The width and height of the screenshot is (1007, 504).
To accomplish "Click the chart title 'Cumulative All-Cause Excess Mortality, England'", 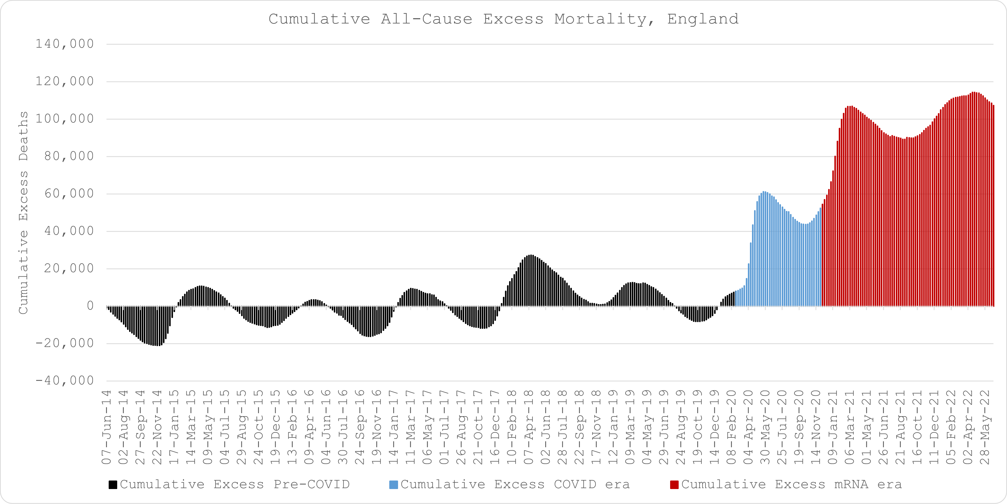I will click(503, 19).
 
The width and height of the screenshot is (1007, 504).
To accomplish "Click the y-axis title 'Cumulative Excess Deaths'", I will click(23, 213).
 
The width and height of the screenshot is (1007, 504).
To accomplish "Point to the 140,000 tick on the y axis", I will click(65, 44).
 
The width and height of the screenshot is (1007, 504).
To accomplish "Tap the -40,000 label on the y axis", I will click(65, 381).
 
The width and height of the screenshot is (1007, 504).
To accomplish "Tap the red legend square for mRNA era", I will click(674, 485).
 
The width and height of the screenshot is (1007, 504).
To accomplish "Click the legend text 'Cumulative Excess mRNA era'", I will click(792, 484).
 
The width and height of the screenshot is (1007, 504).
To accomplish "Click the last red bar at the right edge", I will click(993, 205).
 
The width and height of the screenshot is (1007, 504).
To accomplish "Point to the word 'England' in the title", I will click(703, 19).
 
